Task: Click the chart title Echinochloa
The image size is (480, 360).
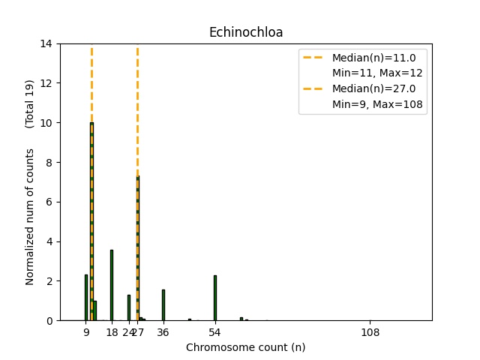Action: click(x=246, y=32)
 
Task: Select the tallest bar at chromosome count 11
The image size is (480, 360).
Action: click(x=91, y=225)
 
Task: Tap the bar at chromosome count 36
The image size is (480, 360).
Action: click(x=163, y=304)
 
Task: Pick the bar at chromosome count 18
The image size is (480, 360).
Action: click(x=112, y=285)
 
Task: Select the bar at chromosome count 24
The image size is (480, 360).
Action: click(x=129, y=307)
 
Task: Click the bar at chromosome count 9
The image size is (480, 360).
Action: click(x=86, y=298)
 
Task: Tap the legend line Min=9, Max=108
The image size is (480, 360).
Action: click(x=379, y=104)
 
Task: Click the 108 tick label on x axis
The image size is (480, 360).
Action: click(x=370, y=332)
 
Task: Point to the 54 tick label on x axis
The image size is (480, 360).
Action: click(x=214, y=332)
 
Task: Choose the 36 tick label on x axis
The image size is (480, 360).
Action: click(x=163, y=332)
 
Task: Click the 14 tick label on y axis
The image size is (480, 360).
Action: click(x=46, y=43)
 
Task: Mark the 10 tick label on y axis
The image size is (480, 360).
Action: click(x=46, y=123)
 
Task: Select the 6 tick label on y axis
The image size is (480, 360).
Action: click(x=49, y=202)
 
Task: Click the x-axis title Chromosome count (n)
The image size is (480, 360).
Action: click(x=246, y=347)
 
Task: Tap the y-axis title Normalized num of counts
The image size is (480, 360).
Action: click(x=30, y=216)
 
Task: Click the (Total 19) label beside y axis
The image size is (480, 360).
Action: click(x=30, y=103)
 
